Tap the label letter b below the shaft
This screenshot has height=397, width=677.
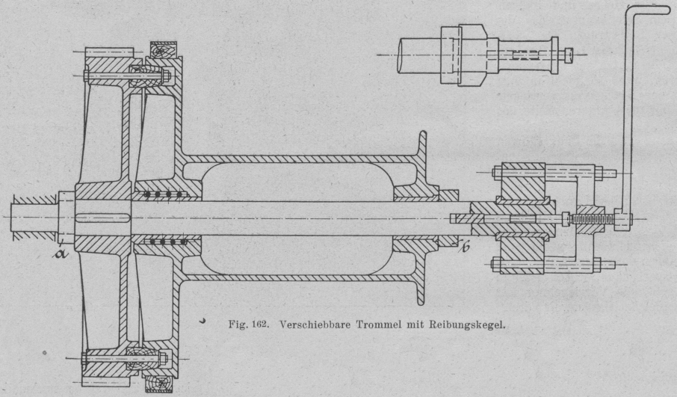point(464,246)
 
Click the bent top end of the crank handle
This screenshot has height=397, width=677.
point(649,8)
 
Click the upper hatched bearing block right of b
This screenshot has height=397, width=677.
point(522,182)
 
